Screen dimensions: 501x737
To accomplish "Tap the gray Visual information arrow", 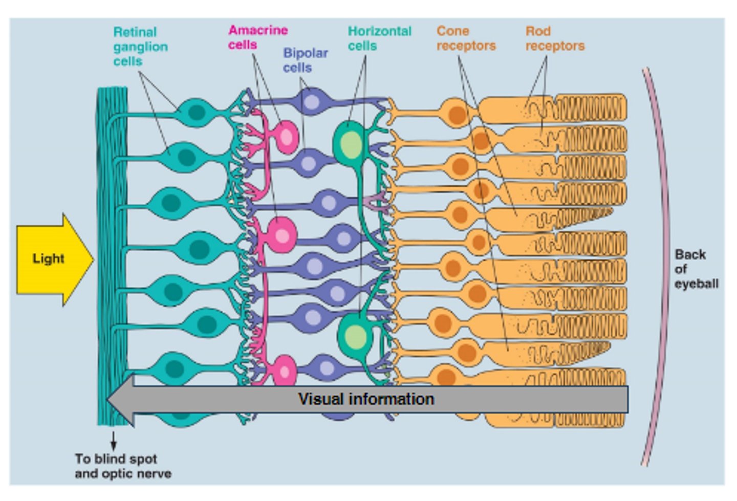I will point(366,399).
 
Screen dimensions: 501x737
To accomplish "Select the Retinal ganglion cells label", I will point(140,47).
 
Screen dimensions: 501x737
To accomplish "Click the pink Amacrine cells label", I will point(257,37).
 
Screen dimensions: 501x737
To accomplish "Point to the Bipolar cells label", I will point(305,60).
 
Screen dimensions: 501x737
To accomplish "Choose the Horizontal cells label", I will point(379,38).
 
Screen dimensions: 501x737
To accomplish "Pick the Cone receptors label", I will point(466,38).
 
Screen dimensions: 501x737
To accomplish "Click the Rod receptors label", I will point(555,38).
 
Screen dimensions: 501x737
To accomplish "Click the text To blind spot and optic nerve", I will point(123,466).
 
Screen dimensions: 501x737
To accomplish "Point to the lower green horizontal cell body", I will point(355,336).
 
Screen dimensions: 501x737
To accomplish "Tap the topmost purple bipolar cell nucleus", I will point(311,102).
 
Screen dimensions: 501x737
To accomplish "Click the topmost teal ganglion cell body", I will point(197,112).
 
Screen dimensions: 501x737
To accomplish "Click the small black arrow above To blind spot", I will point(113,441).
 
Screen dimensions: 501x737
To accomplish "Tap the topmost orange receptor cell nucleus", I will point(457,114).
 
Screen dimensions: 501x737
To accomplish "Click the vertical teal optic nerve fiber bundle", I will point(112,256).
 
